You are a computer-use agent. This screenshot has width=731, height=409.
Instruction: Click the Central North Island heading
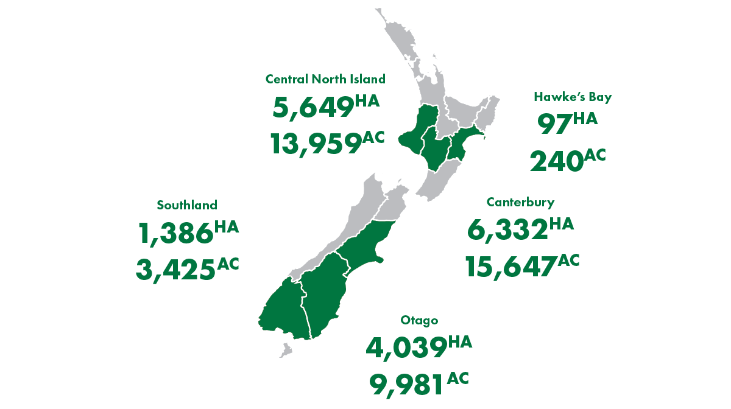pyautogui.click(x=325, y=79)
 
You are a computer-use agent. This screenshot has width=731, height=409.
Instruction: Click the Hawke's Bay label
pyautogui.click(x=573, y=96)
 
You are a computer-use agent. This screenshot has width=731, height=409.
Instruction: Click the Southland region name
pyautogui.click(x=186, y=204)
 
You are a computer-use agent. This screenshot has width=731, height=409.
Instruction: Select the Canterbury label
pyautogui.click(x=520, y=202)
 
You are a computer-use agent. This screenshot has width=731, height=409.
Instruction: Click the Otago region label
pyautogui.click(x=420, y=320)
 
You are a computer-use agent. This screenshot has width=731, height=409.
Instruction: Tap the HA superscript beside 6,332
pyautogui.click(x=561, y=225)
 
